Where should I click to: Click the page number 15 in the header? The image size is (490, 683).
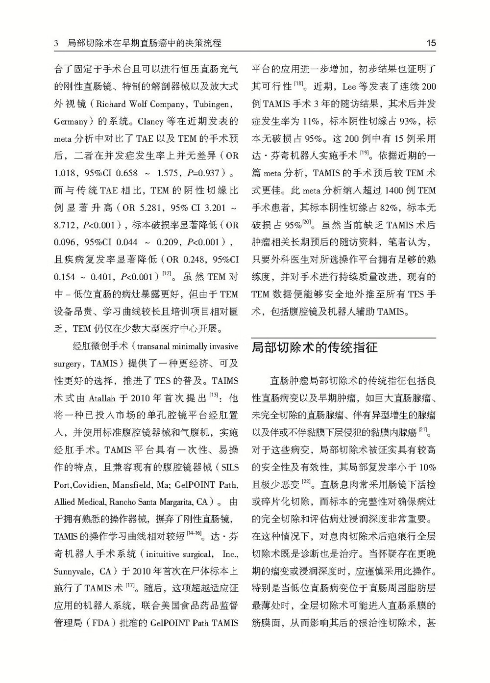click(x=431, y=43)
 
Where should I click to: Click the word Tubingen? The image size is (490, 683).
click(x=215, y=104)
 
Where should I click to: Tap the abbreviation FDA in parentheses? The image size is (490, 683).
click(x=100, y=624)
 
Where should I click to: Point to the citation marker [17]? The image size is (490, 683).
click(x=130, y=585)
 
